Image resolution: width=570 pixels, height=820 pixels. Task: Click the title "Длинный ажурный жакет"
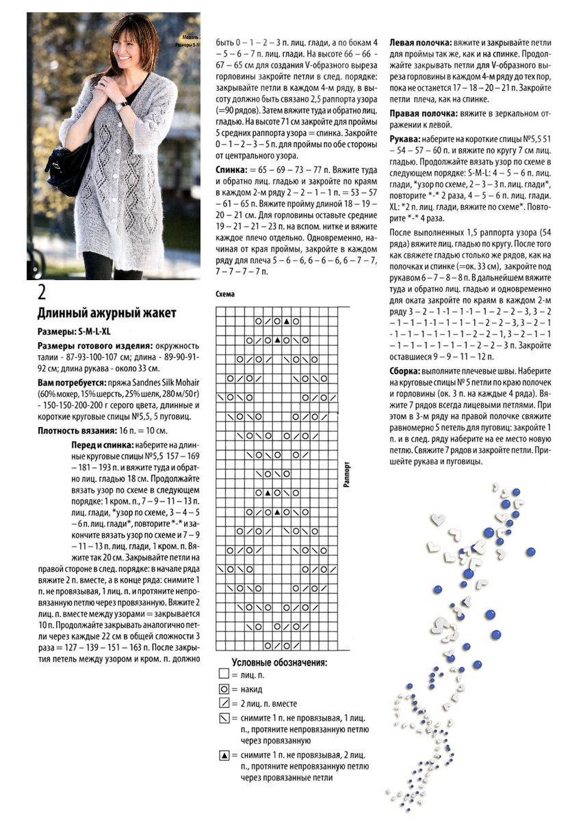pos(106,314)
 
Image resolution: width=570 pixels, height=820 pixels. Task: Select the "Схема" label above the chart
pos(225,294)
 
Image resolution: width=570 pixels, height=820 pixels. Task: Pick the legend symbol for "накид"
pos(224,690)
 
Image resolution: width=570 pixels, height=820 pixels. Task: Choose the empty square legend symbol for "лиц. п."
pos(224,674)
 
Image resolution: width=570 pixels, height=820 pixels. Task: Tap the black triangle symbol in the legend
pos(224,755)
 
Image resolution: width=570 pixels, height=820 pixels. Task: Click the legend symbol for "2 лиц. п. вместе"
pos(224,703)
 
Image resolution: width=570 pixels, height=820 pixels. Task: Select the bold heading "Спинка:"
pos(233,167)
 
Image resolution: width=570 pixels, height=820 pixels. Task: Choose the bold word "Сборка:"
pos(406,370)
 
